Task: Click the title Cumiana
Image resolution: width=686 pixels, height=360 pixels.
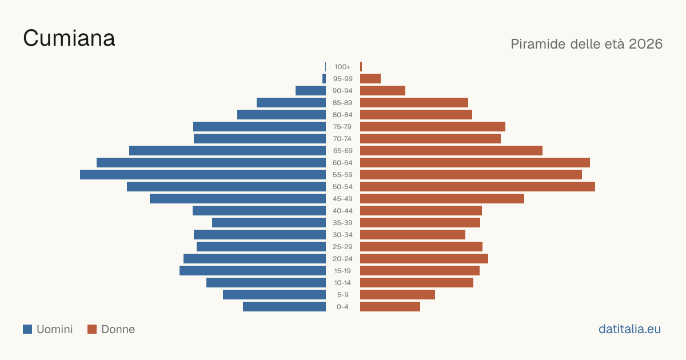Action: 69,38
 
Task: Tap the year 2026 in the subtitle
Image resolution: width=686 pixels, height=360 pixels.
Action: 645,44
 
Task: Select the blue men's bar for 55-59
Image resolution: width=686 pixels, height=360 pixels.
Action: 203,174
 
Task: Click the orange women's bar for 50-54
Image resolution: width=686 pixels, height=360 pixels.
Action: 477,187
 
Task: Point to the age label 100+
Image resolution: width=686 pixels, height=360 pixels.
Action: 342,67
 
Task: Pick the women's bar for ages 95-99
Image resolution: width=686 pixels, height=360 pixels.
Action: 370,79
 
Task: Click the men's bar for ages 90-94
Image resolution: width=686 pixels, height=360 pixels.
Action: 310,91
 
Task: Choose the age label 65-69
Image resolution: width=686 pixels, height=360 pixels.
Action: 342,151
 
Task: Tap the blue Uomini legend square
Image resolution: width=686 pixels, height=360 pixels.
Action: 27,329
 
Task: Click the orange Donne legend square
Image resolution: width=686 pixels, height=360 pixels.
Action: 92,329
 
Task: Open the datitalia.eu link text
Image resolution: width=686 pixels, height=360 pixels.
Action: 629,329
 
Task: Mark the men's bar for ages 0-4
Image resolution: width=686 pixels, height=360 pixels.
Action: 284,307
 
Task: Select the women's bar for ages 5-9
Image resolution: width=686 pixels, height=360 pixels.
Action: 397,295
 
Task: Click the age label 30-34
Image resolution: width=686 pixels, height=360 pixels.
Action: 342,235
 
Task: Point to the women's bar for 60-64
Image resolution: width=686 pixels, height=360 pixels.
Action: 475,162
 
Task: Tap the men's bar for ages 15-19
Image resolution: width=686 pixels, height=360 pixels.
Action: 253,271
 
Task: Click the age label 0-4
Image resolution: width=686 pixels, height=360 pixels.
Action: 342,307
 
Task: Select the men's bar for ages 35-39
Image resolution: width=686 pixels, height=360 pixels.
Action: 269,222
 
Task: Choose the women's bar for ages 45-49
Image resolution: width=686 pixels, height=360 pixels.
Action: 442,199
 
